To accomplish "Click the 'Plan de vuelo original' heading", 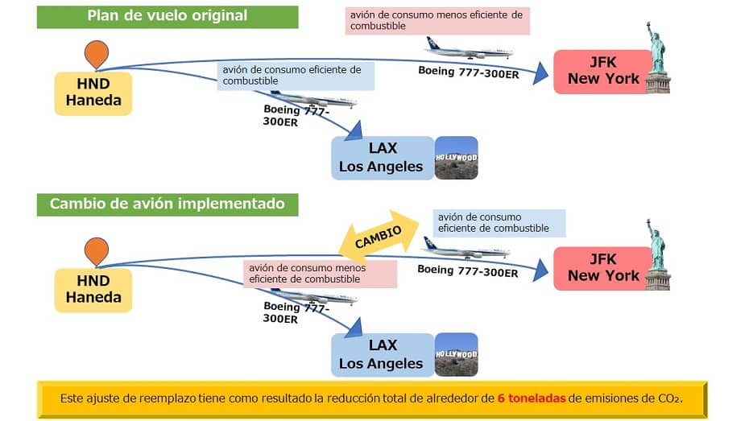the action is [168, 17].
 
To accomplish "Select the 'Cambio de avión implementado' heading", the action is [168, 204].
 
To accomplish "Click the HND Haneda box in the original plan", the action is [93, 93].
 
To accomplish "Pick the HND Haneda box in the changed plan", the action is [93, 291].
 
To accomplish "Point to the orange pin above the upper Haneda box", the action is [97, 53].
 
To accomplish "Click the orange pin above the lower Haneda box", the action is [97, 250].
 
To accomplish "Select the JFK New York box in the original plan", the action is [603, 72].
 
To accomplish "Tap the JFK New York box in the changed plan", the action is [603, 269].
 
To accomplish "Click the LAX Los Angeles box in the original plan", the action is [383, 158].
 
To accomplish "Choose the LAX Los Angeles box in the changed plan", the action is [383, 355].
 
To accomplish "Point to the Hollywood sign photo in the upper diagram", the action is [456, 158].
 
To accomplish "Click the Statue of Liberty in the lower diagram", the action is [658, 255].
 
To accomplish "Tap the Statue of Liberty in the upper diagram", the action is [658, 57].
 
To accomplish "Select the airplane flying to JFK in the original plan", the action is [469, 48].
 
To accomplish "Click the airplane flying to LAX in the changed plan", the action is [313, 296].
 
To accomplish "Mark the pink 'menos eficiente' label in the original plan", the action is [437, 21].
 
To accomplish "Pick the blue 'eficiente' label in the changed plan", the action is [499, 223].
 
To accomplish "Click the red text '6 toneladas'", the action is [532, 398].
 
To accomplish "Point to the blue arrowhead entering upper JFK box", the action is [540, 73].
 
